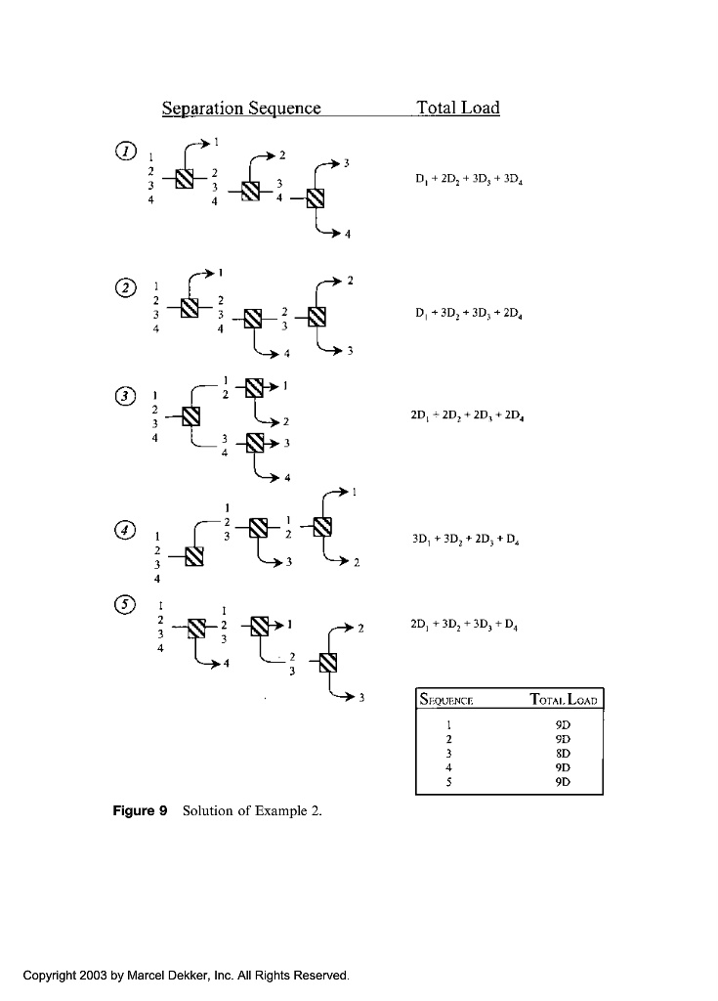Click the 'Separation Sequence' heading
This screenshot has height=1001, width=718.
click(241, 108)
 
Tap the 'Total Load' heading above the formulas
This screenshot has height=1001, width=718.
click(457, 108)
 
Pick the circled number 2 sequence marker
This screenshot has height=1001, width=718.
click(125, 287)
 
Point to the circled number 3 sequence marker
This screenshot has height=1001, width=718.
click(124, 396)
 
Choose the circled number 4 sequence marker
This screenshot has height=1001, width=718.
click(125, 530)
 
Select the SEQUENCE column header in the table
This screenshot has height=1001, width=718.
click(446, 700)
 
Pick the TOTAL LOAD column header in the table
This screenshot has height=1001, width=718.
click(565, 700)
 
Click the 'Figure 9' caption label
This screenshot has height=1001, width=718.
click(141, 811)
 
